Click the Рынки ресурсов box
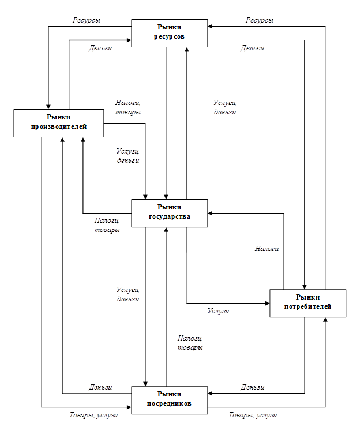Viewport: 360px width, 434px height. coord(170,33)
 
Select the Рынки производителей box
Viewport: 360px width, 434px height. coord(59,122)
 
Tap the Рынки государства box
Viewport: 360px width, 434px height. coord(169,213)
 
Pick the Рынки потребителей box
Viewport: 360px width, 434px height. coord(307,302)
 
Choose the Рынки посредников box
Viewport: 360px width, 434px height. coord(170,399)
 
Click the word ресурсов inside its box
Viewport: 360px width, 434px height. coord(170,38)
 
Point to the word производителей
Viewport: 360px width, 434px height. coord(59,127)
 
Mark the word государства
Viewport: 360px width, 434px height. coord(169,218)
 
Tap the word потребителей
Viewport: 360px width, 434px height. coord(307,307)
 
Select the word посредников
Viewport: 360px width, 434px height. coord(170,403)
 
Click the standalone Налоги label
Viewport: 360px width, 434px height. coord(267,249)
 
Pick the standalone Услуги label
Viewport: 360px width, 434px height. coord(219,311)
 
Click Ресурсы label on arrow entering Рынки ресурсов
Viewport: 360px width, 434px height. coord(260,20)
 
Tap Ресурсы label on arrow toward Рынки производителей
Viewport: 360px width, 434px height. coord(87,20)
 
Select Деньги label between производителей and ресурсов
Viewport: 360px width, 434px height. coord(100,48)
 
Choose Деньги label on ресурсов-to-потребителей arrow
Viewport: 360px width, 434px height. coord(252,48)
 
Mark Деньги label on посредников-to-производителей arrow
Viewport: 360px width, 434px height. coord(100,387)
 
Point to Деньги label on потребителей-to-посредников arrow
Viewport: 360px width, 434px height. coord(253,387)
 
